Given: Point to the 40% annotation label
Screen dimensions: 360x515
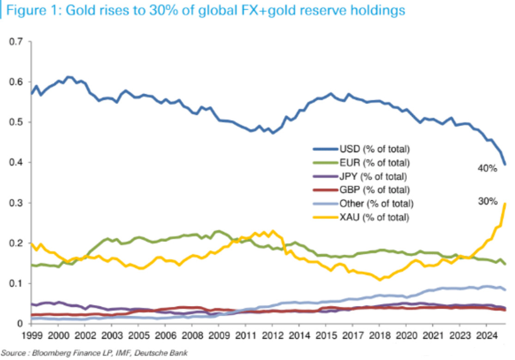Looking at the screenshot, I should [x=487, y=168].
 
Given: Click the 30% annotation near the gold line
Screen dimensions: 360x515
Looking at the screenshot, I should [x=487, y=201].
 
